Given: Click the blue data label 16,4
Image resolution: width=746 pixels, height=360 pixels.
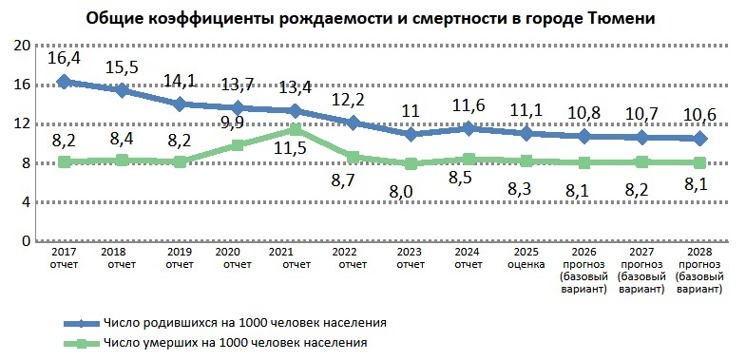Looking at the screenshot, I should [x=65, y=59].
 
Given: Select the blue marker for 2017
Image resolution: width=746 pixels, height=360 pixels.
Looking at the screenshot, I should [x=64, y=82].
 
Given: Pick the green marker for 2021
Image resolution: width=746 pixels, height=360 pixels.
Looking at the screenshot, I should [x=296, y=129].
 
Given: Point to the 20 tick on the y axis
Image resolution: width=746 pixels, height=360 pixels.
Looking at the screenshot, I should [x=28, y=46].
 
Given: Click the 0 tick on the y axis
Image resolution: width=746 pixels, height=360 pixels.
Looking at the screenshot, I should [x=28, y=241].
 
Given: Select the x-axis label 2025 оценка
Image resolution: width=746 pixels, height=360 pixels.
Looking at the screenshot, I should [x=525, y=259].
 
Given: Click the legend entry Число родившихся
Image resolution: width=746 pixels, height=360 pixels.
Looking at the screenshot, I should [x=253, y=322].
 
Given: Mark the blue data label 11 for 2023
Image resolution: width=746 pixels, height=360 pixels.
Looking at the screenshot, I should [x=411, y=110].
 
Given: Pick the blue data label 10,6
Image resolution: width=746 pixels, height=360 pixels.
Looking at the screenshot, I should [x=701, y=115].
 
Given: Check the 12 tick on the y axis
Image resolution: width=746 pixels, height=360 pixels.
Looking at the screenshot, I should [x=28, y=124].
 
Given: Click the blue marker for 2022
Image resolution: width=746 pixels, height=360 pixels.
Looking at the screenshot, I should [x=354, y=123].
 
